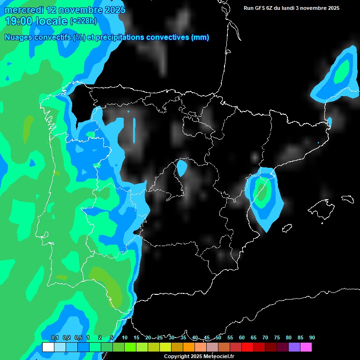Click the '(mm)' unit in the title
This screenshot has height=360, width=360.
click(200, 37)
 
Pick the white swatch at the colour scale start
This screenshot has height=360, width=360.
click(48, 347)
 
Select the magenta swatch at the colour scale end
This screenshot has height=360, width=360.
click(306, 347)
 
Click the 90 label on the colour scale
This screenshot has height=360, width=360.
click(312, 337)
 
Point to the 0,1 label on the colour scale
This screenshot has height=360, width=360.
click(54, 337)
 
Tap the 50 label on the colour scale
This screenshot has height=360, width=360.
click(218, 337)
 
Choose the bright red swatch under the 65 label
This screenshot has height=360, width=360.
click(247, 347)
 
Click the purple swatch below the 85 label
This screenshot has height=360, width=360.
click(294, 347)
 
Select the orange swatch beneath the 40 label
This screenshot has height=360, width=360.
click(189, 347)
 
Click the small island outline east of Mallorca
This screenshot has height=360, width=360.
click(347, 199)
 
